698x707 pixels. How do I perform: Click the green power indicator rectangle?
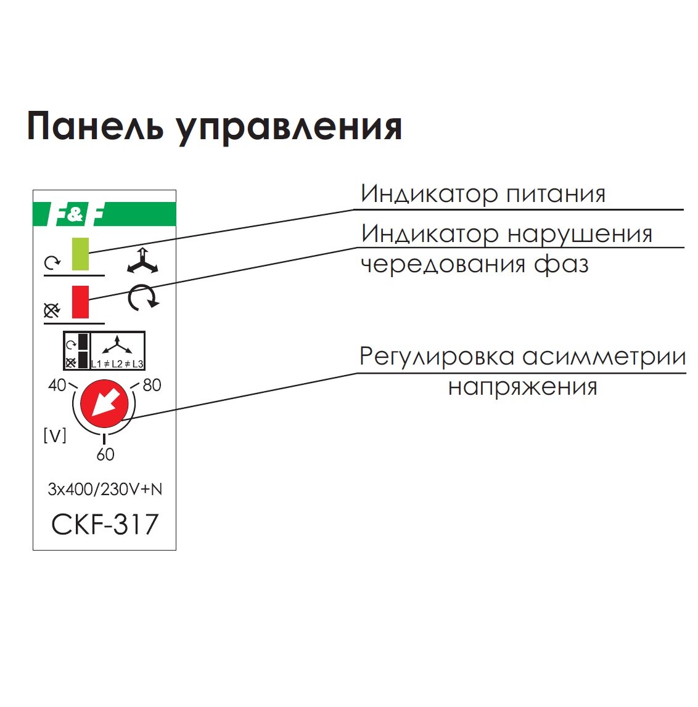tap(81, 254)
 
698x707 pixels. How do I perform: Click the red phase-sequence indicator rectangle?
tap(80, 302)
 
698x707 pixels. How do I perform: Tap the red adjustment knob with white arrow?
tap(105, 404)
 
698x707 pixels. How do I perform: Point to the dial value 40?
tap(57, 386)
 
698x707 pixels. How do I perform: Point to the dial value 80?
tap(152, 386)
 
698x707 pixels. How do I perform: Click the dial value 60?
tap(105, 454)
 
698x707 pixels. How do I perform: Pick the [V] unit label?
tap(55, 436)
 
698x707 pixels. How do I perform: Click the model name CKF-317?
tap(105, 525)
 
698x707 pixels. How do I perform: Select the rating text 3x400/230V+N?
tap(105, 490)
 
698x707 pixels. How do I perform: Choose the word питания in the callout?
tap(556, 195)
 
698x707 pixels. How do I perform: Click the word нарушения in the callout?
tap(579, 235)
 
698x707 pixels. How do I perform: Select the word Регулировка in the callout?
tap(437, 357)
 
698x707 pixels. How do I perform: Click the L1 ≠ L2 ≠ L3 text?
tap(117, 364)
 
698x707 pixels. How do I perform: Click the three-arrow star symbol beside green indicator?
tap(142, 262)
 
